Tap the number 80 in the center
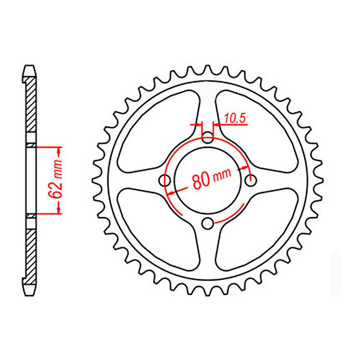[201, 181]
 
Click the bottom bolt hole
[208, 223]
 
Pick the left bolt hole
[165, 180]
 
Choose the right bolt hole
[251, 180]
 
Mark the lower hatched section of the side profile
[30, 253]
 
